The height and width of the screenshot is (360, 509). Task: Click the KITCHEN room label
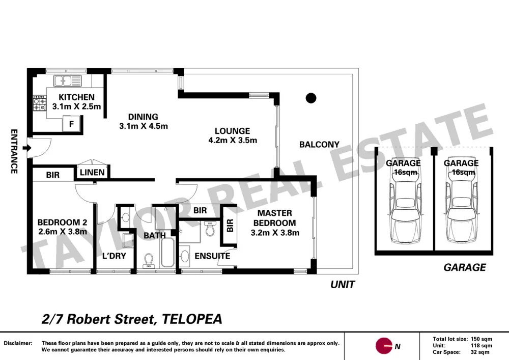tap(76, 97)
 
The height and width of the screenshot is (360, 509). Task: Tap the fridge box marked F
tap(71, 123)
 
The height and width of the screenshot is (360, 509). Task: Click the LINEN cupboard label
tap(92, 173)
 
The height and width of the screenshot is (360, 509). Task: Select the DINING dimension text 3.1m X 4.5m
tap(143, 126)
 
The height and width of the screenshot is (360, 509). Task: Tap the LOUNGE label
tap(232, 131)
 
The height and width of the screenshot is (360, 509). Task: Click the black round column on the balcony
tap(310, 98)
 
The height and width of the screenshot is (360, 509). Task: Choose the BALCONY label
tap(319, 145)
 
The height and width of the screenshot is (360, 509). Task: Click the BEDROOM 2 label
tap(62, 223)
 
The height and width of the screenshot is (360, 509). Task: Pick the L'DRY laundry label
tap(114, 256)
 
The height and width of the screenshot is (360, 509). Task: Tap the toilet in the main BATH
tap(149, 260)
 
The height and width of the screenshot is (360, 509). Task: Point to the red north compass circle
tap(384, 346)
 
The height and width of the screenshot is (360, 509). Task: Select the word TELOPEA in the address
tap(192, 319)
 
